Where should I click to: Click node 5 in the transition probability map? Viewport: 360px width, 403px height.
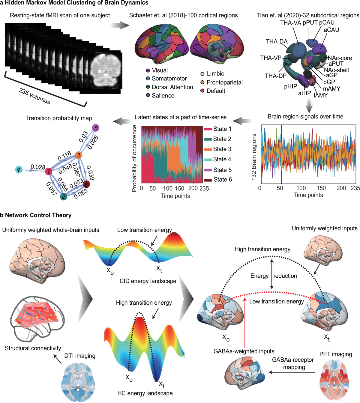point(96,128)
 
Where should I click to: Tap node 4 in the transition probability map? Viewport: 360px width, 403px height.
point(19,170)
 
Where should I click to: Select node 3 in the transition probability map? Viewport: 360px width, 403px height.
point(78,155)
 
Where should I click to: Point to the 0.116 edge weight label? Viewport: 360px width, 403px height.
point(64,156)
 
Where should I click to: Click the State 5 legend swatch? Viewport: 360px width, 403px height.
point(208,170)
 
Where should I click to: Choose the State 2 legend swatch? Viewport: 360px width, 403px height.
point(208,139)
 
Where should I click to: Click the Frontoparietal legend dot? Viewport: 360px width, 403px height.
point(202,82)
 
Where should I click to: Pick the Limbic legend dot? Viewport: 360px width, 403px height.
point(202,74)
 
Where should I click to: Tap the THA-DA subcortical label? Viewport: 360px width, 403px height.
point(277,42)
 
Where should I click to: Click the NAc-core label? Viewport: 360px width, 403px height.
point(340,58)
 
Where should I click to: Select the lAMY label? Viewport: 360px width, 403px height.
point(321,95)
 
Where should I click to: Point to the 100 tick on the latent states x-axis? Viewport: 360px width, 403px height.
point(168,189)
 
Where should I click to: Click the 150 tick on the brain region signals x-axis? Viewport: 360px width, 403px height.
point(321,188)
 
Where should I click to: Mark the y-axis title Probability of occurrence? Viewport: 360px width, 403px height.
point(134,158)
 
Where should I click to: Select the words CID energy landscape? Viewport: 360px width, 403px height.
point(148,281)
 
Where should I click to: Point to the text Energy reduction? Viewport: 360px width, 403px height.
point(274,276)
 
